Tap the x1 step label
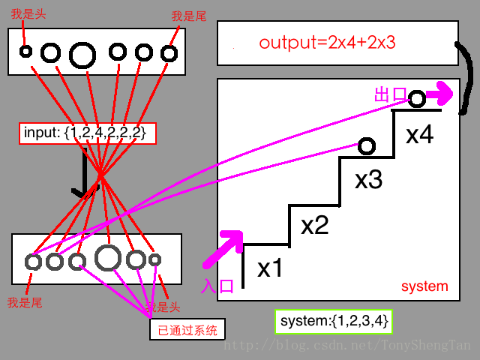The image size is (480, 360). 270,268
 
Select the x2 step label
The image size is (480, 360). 315,225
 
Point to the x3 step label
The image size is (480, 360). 369,180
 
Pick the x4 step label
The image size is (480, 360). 420,135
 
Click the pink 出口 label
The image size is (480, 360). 389,95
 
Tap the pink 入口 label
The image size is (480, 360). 218,285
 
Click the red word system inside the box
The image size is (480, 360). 424,286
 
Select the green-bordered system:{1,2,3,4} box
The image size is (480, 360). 333,322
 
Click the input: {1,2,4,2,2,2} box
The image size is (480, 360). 88,133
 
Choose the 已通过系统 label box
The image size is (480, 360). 187,329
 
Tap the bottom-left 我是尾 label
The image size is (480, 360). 24,302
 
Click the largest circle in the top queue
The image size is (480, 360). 82,54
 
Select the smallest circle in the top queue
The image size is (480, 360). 25,52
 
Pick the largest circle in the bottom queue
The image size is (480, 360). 108,258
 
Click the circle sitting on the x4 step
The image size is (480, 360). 417,98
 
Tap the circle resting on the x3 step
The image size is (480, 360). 366,146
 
